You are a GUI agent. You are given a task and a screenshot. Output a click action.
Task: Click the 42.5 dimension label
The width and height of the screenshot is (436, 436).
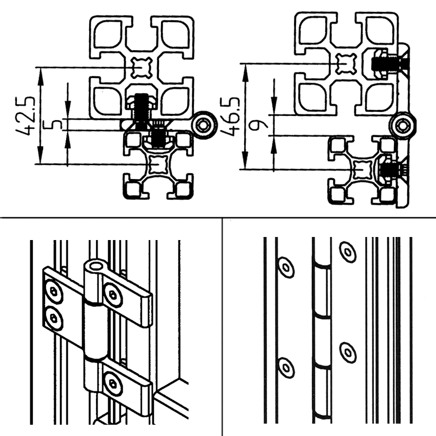tap(25, 116)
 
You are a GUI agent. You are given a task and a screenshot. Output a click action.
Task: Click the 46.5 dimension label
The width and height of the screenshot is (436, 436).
tap(230, 117)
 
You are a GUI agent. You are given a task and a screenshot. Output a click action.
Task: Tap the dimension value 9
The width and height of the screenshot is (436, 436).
tap(258, 125)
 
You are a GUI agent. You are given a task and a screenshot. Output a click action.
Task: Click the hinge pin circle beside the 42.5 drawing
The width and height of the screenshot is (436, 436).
tap(206, 125)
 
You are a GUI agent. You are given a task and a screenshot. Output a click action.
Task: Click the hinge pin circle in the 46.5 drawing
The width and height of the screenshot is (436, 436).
tap(403, 126)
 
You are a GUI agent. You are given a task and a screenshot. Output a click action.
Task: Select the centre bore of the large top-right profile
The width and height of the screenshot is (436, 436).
tap(346, 64)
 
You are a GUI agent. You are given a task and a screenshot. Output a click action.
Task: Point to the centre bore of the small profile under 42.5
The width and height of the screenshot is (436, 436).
tap(158, 164)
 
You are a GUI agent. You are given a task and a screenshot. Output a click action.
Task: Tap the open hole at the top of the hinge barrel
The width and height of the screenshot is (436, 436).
tap(96, 266)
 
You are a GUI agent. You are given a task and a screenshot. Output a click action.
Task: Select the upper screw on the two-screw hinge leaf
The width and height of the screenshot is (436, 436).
tap(53, 292)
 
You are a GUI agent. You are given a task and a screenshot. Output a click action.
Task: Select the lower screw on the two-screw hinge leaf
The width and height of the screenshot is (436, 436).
tap(54, 318)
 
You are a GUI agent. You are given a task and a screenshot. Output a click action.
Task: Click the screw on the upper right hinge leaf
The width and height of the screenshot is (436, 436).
tap(113, 295)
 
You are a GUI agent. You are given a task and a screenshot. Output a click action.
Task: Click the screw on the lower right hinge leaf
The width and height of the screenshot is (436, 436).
tap(113, 384)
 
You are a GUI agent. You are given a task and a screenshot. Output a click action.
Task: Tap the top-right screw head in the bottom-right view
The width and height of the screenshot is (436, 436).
tap(348, 252)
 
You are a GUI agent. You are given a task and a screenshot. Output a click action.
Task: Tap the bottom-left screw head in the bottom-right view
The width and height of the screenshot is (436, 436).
tap(286, 368)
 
